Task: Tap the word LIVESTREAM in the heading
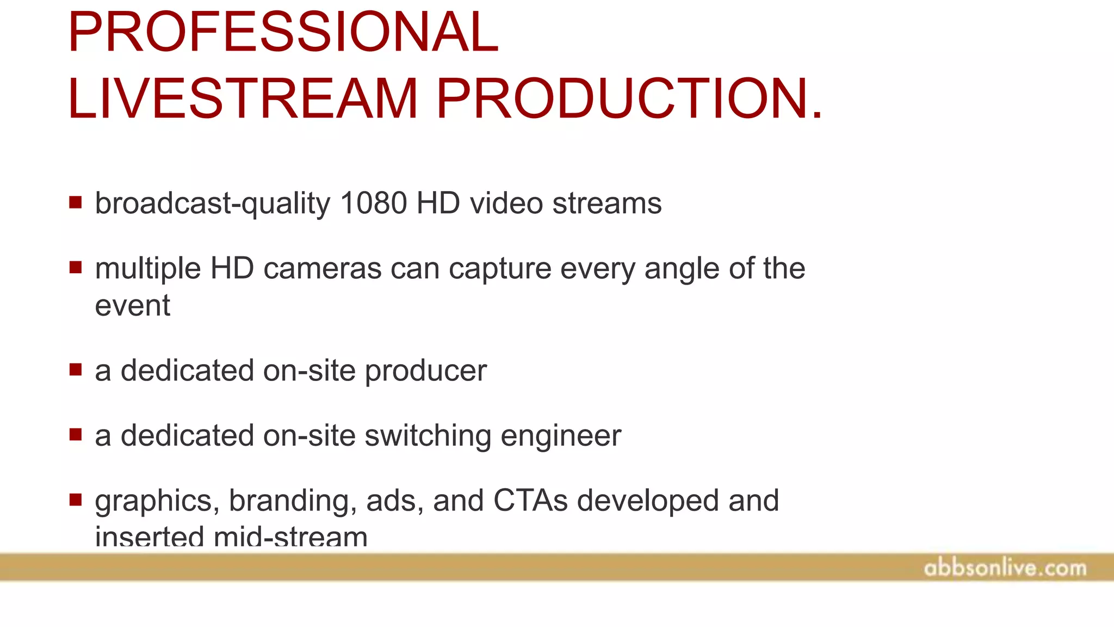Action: pyautogui.click(x=243, y=99)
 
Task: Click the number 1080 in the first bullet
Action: pyautogui.click(x=373, y=204)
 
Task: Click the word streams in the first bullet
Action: pyautogui.click(x=606, y=204)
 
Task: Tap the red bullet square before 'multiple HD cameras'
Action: pyautogui.click(x=76, y=267)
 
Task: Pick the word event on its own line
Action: pyautogui.click(x=132, y=305)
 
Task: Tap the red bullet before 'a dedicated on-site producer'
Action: pyautogui.click(x=76, y=370)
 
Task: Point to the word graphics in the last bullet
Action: pyautogui.click(x=157, y=501)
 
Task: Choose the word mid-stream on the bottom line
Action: pyautogui.click(x=290, y=537)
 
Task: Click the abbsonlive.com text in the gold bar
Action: pyautogui.click(x=1005, y=568)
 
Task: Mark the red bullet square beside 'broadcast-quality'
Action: pyautogui.click(x=76, y=202)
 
